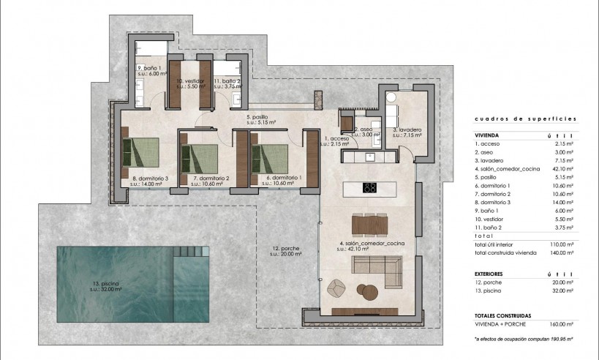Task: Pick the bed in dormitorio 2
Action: pyautogui.click(x=201, y=156)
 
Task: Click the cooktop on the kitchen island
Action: pyautogui.click(x=370, y=188)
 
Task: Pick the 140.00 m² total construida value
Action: pyautogui.click(x=561, y=252)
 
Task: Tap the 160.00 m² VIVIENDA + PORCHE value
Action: pyautogui.click(x=561, y=323)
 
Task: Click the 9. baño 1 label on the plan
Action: pyautogui.click(x=150, y=70)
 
